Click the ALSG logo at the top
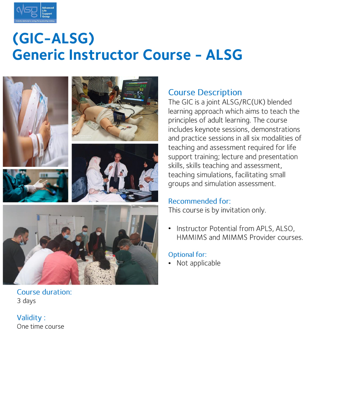[x=35, y=12]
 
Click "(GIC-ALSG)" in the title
[x=53, y=38]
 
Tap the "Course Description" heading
[x=205, y=92]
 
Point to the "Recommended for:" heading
[x=199, y=201]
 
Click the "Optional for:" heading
[x=187, y=254]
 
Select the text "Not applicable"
[x=198, y=263]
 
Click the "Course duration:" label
[x=44, y=292]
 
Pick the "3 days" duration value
[x=26, y=301]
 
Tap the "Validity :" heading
[x=31, y=317]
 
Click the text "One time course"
[x=40, y=327]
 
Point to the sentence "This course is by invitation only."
[x=217, y=210]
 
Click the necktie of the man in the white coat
[x=116, y=172]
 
